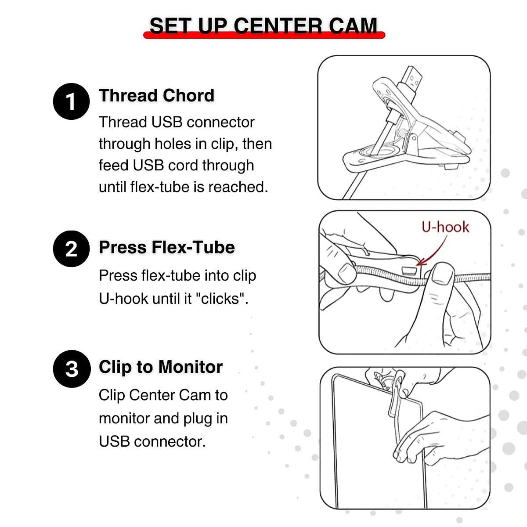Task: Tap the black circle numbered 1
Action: point(71,101)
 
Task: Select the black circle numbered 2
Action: point(71,249)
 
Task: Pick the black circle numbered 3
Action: point(72,368)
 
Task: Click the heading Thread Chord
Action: point(156,95)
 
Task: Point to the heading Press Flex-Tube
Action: point(166,247)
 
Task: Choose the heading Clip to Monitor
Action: point(160,367)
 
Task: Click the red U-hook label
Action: point(445,227)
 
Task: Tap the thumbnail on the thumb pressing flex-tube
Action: point(443,274)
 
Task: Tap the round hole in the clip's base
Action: point(375,152)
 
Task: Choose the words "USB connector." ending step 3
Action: point(152,441)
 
